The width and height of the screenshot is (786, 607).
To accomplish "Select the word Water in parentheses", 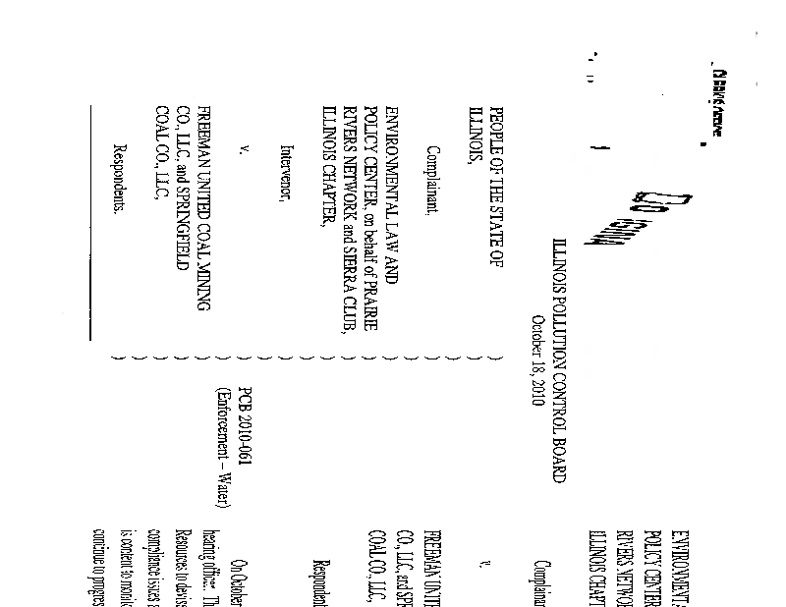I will (224, 490).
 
